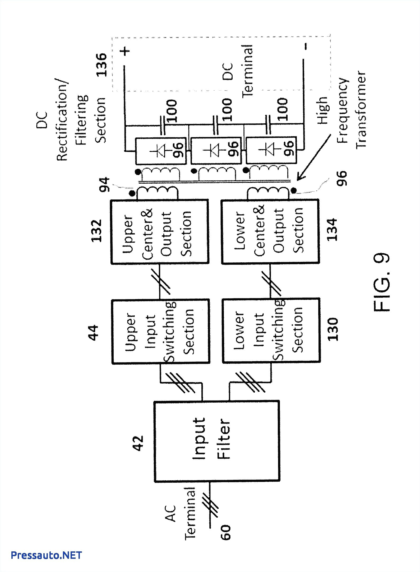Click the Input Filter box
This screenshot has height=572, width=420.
coord(217,441)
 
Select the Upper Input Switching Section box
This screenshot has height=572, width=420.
coord(161,332)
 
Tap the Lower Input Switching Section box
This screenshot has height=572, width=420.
coord(271,330)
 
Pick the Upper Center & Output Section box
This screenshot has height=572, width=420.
coord(160,232)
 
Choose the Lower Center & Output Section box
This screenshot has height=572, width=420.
coord(270,232)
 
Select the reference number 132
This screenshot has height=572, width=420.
coord(96,231)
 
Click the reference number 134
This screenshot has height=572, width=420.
coord(332,229)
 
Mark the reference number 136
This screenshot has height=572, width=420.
coord(101,65)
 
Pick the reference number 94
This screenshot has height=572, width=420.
coord(104,184)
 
